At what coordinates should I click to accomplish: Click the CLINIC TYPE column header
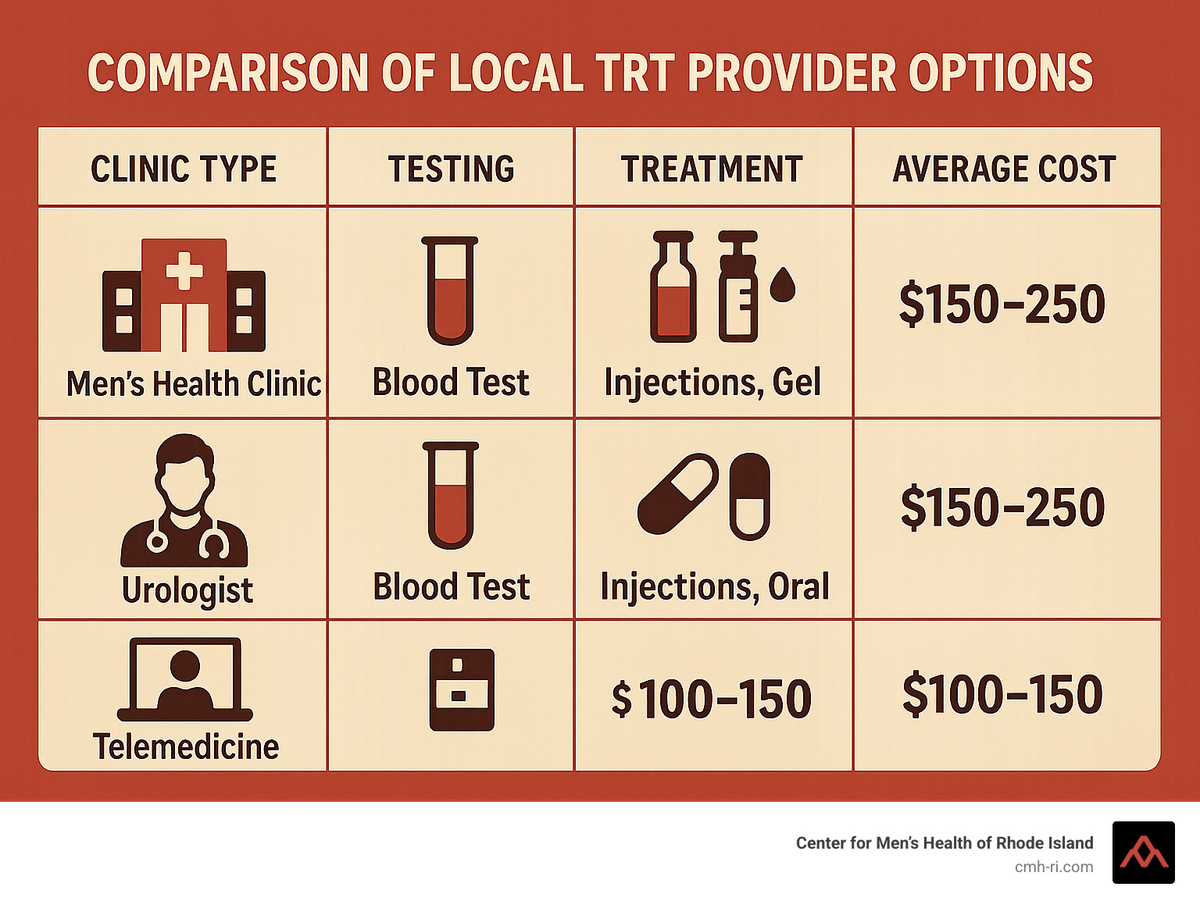[184, 169]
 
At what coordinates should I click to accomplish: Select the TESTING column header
[452, 169]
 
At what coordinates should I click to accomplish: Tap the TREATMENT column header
[712, 169]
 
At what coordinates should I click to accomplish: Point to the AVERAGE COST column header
[1005, 169]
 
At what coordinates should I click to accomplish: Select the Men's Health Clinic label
[194, 384]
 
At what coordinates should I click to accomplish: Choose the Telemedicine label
[186, 747]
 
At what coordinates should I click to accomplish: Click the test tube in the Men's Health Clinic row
[450, 290]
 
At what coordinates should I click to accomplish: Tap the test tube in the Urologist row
[451, 495]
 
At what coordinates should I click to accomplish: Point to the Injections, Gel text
[712, 383]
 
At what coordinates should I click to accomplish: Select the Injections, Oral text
[715, 587]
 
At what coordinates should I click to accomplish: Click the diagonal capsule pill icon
[677, 494]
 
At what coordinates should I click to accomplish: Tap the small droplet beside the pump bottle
[783, 285]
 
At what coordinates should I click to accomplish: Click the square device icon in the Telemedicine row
[462, 689]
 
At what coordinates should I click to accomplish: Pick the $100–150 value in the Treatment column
[712, 699]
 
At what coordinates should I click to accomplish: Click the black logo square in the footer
[1143, 853]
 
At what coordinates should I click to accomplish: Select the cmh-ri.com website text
[1054, 867]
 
